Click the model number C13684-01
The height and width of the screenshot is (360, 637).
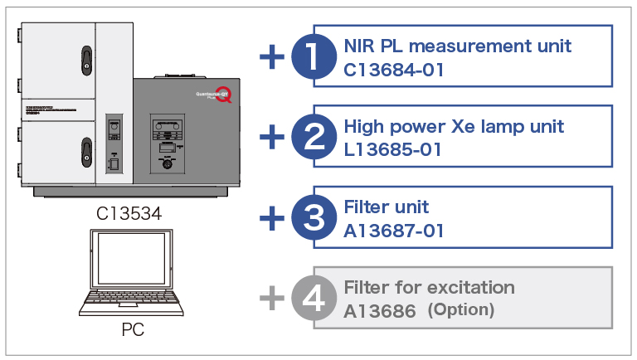click(x=394, y=70)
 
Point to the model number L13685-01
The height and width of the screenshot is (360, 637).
click(x=393, y=150)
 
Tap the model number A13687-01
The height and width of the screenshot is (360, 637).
click(x=394, y=231)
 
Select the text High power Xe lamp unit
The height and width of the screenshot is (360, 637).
click(x=454, y=127)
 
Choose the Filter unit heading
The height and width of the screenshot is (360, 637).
click(x=387, y=207)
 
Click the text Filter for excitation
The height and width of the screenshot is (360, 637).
click(x=429, y=288)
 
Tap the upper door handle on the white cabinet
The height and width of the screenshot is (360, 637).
click(x=85, y=58)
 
